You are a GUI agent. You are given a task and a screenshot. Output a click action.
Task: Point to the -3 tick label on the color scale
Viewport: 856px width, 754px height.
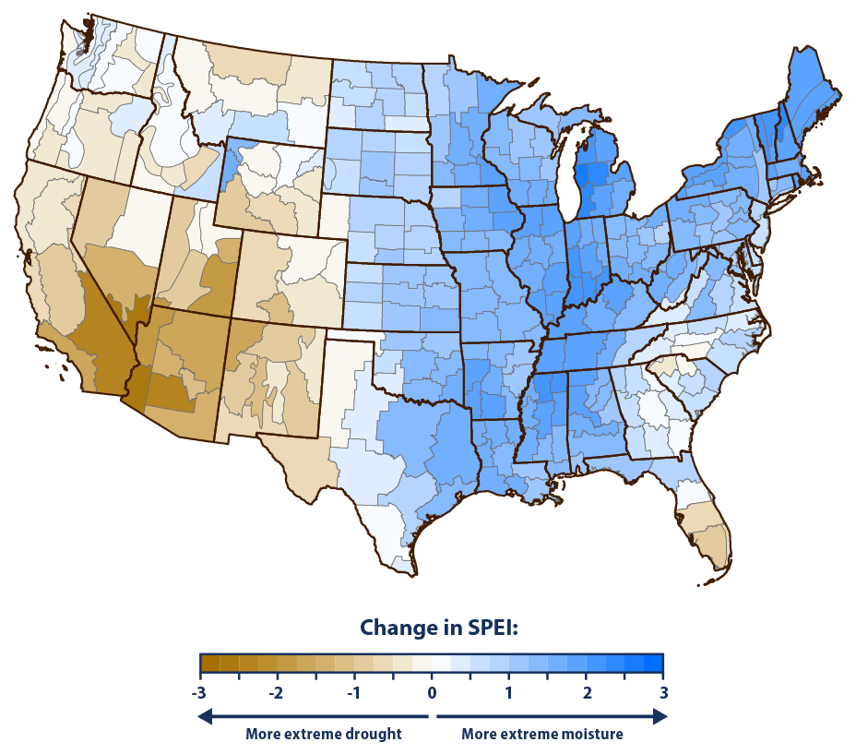(199, 692)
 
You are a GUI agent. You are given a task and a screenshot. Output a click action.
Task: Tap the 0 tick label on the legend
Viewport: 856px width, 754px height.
(432, 692)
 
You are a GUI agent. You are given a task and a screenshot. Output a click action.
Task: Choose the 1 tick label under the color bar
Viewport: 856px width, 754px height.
(508, 692)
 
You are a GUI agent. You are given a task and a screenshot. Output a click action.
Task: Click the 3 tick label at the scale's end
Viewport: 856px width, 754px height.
(662, 692)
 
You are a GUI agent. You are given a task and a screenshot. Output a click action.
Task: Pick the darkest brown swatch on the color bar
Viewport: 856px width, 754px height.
(209, 664)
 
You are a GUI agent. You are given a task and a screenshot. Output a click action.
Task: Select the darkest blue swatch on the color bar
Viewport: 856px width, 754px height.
(653, 664)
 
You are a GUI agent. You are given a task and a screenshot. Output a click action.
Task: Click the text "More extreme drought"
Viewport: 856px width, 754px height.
(323, 735)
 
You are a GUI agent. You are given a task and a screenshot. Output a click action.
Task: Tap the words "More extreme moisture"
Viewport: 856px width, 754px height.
(541, 735)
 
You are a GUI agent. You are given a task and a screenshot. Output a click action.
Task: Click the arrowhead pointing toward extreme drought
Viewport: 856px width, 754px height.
(207, 715)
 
